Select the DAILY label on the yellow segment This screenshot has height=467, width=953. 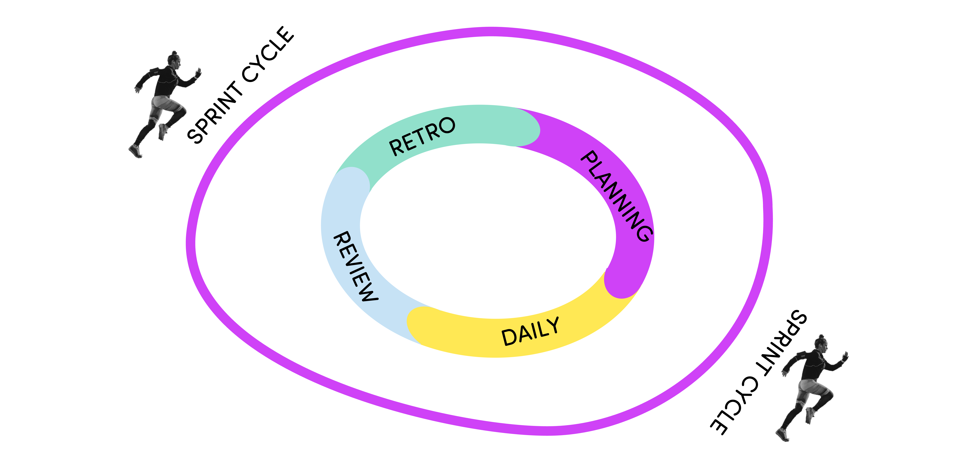click(x=530, y=331)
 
